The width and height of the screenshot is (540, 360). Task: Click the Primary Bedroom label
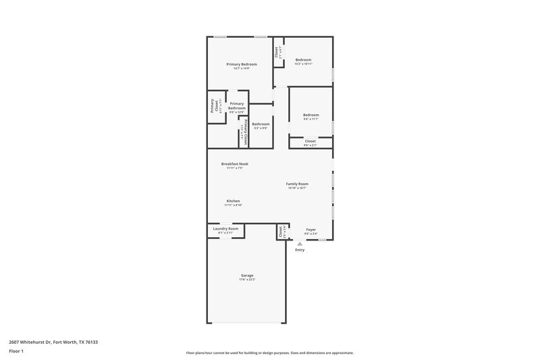(x=242, y=63)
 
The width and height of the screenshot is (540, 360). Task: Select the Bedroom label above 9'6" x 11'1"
(x=310, y=115)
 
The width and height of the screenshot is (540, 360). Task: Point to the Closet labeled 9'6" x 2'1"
(x=310, y=141)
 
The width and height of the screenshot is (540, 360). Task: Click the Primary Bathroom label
(x=237, y=105)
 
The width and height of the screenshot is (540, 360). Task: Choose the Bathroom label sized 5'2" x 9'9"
(x=261, y=124)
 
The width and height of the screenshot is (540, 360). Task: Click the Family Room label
(x=297, y=184)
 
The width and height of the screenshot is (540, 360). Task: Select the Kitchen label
(x=234, y=201)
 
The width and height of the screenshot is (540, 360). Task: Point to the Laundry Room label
(x=225, y=228)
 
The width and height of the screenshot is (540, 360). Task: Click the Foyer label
(x=310, y=229)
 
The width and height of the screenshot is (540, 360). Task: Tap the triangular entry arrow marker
(x=300, y=244)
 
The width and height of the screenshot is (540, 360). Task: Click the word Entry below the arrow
(x=300, y=251)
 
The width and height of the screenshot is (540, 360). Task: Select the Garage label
(x=248, y=275)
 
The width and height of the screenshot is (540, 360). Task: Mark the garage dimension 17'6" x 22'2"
(x=248, y=280)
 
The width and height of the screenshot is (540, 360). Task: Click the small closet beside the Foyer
(x=281, y=231)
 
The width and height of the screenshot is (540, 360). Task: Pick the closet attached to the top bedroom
(x=277, y=52)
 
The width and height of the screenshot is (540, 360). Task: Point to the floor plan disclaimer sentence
(x=270, y=353)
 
